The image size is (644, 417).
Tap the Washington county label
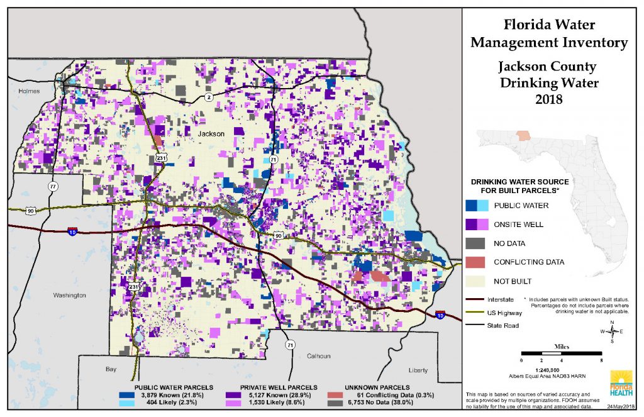69,294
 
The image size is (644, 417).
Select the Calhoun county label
318,356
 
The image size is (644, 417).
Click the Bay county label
112,369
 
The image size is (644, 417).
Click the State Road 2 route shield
208,97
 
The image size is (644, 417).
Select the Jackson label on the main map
211,134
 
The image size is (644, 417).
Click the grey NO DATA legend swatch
477,242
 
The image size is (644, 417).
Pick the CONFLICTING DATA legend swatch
477,262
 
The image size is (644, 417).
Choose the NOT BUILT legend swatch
477,281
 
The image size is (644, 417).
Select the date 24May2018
620,408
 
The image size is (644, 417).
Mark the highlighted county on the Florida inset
523,135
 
